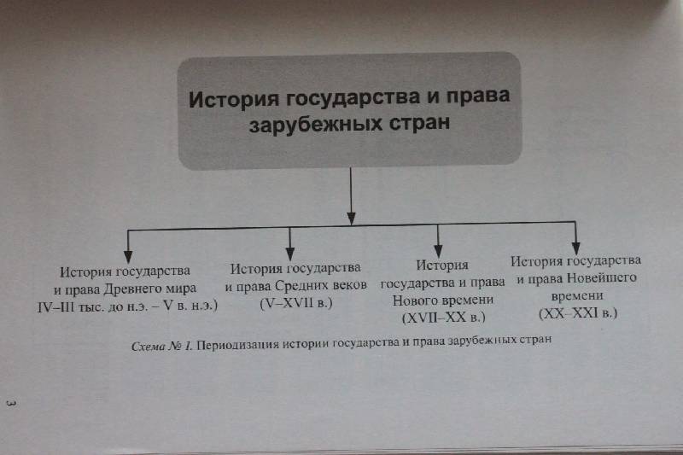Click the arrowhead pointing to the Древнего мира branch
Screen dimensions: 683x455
pos(127,256)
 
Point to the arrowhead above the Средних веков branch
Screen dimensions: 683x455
pos(290,254)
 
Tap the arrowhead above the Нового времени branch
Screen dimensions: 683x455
pos(438,251)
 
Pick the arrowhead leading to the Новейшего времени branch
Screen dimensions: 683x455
pos(575,248)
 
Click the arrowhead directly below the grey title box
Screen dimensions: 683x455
pos(351,219)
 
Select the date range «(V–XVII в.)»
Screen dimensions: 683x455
pos(296,303)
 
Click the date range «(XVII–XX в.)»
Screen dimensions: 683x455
pos(443,318)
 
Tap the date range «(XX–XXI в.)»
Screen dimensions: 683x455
pos(578,313)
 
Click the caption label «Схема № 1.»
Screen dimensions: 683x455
pos(161,347)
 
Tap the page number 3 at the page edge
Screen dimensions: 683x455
pos(11,403)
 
